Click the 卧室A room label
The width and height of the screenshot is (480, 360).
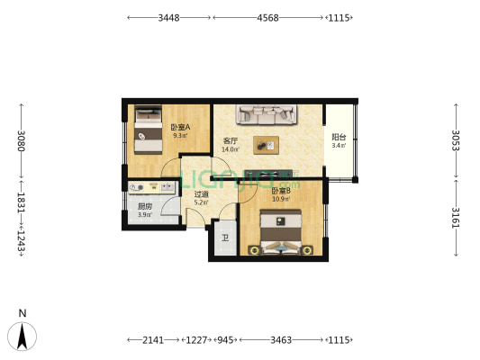click(180, 127)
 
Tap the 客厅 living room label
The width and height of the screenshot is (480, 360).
click(231, 141)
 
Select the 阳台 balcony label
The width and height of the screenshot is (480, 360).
click(339, 138)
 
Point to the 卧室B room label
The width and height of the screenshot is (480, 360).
click(281, 191)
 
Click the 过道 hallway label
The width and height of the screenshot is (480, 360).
click(201, 194)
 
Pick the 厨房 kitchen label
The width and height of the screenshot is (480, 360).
click(145, 206)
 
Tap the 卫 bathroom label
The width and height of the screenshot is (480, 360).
click(225, 238)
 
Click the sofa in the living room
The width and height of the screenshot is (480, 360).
click(267, 114)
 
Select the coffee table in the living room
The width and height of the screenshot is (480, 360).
click(266, 145)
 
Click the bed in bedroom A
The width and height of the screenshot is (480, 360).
click(149, 130)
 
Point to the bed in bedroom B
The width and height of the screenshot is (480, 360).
click(280, 232)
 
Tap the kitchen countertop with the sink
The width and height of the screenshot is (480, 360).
click(152, 187)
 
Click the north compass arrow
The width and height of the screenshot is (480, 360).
click(22, 337)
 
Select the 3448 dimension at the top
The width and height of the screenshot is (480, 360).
click(168, 18)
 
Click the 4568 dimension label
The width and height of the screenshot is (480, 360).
click(267, 18)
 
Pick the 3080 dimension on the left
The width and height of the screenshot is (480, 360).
click(21, 141)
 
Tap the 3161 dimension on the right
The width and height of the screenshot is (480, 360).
click(456, 218)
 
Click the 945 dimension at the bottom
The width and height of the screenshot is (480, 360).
click(225, 340)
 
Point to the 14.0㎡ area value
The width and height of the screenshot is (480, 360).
click(231, 149)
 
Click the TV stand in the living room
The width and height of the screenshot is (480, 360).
click(268, 173)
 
